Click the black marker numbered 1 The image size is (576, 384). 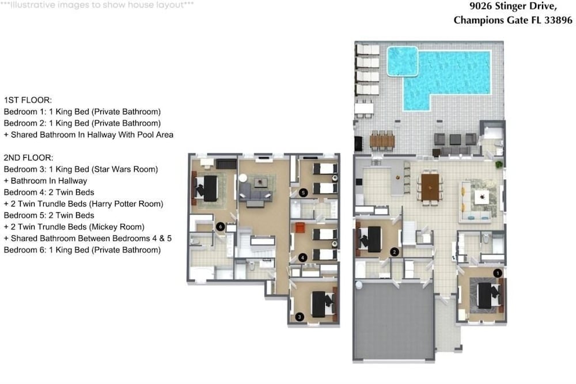coord(497,273)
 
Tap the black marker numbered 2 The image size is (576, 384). coord(394,252)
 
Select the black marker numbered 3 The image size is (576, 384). coord(300,317)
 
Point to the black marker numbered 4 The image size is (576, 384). coord(302,258)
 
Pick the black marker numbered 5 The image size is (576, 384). coord(303,192)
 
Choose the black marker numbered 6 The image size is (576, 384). coord(220,227)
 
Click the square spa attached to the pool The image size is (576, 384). coord(402,61)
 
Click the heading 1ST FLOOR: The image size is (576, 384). coord(28,100)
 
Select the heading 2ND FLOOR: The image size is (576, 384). coord(29,158)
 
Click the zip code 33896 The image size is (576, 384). coord(558,20)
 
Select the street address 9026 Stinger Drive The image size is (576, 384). coord(513,6)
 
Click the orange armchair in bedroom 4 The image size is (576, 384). coord(300,227)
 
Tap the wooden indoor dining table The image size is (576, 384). coord(430,187)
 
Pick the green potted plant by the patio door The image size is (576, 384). coord(498,164)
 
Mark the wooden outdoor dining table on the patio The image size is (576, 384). coord(382,141)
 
